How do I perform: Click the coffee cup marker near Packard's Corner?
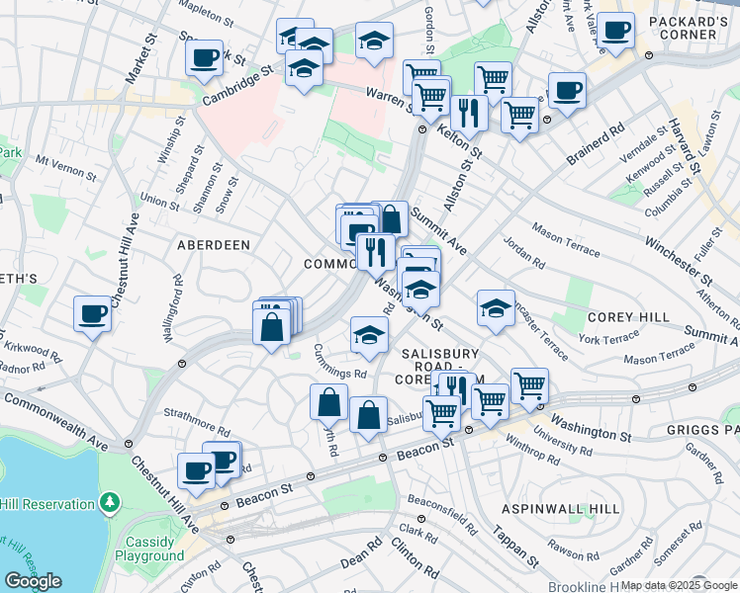coord(615,33)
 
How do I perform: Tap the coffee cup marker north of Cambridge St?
coord(204,57)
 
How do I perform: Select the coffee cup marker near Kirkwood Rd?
coord(92,314)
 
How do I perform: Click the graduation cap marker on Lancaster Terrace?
coord(496,308)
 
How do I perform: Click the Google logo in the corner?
coord(33,581)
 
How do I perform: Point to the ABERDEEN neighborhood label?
coord(213,244)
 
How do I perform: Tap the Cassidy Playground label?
coord(154,550)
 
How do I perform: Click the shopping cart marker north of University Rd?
coord(529,386)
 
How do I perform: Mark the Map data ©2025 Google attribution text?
coord(679,585)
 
